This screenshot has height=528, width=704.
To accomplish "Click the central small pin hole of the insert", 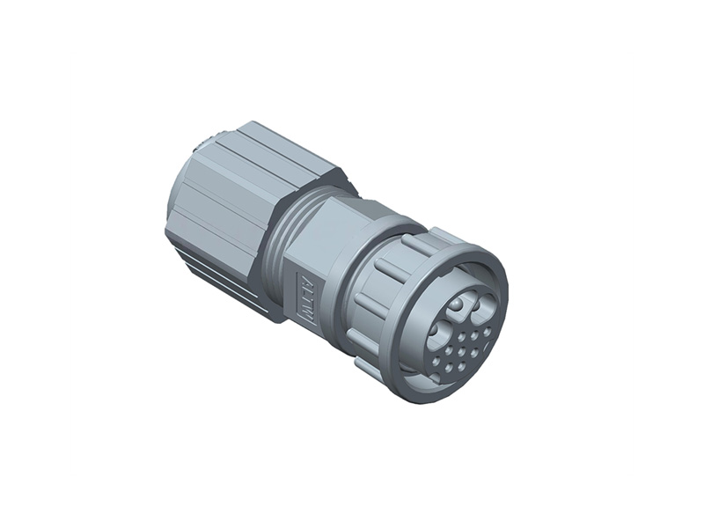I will [x=462, y=351].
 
